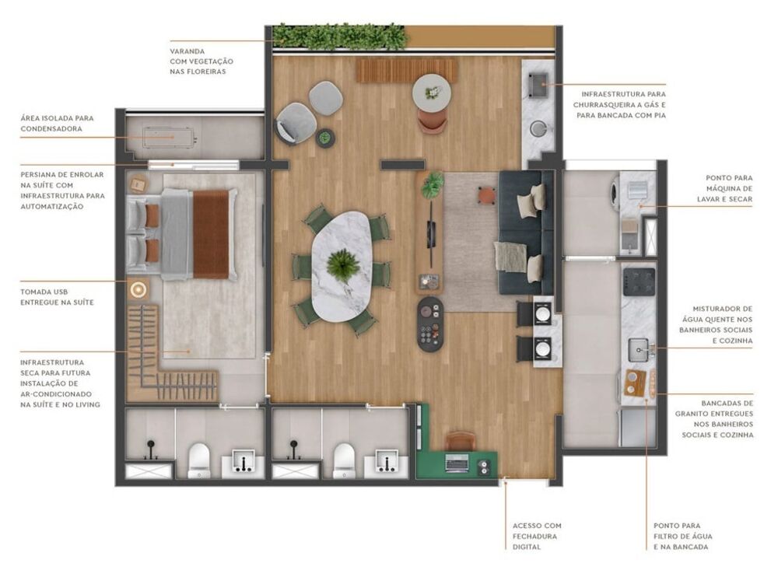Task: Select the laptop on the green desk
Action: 457,463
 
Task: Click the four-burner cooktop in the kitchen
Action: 640,281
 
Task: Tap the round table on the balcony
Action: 432,92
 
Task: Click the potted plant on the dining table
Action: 342,264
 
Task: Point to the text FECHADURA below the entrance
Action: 537,536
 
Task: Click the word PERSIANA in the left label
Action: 42,174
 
